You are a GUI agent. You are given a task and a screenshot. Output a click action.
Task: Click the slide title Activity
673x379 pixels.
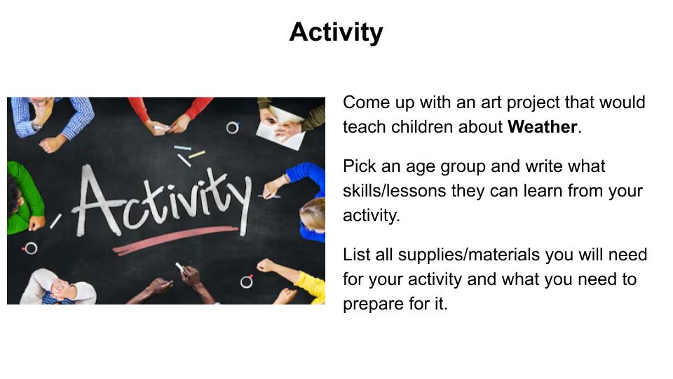[336, 32]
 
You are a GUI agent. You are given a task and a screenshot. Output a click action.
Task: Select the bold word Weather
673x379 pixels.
[542, 127]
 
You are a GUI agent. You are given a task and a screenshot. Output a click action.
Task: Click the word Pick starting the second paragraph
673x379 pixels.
[359, 166]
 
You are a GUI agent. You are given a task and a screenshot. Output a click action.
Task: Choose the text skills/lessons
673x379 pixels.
[395, 190]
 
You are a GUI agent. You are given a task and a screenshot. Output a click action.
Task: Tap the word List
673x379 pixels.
[357, 254]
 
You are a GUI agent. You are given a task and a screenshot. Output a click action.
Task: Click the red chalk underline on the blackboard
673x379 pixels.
[175, 240]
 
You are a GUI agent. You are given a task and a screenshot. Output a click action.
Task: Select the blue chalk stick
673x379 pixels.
[182, 148]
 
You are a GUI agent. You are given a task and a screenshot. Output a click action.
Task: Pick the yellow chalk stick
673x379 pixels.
[196, 154]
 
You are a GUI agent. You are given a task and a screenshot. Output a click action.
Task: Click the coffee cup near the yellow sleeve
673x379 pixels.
[247, 281]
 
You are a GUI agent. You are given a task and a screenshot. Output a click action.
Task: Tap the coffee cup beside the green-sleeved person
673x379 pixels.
[30, 248]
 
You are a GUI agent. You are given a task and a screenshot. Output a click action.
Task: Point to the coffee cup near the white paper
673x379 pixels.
[232, 128]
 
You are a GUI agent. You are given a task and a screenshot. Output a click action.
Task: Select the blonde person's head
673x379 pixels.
[313, 213]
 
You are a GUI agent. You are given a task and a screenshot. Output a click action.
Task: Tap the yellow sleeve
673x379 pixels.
[311, 286]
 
